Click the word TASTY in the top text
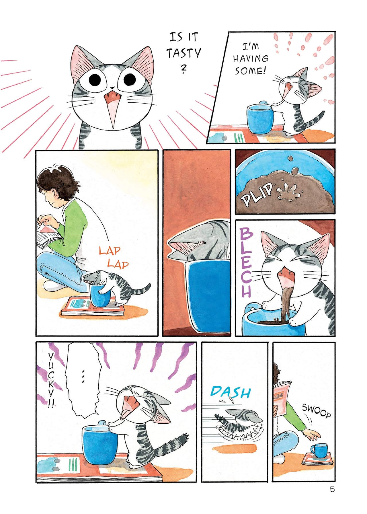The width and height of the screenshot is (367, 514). point(183,53)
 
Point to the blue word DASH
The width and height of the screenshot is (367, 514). point(231,392)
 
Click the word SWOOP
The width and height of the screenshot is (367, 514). point(317,410)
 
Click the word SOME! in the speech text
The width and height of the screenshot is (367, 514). point(250,71)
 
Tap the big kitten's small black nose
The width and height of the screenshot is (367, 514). point(112,88)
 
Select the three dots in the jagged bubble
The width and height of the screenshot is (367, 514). point(83,376)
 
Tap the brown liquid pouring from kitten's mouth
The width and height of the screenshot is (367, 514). point(286,304)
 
